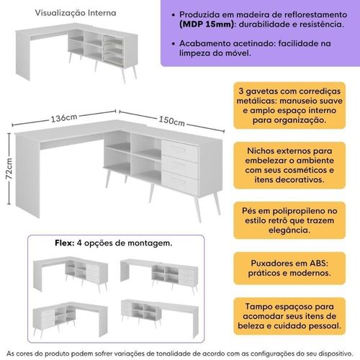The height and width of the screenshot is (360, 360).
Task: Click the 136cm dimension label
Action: [x=64, y=118]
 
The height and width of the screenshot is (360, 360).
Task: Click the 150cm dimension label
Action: [x=171, y=121]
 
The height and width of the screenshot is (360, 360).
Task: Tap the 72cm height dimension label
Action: [x=9, y=168]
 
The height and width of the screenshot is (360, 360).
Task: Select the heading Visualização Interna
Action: [x=76, y=13]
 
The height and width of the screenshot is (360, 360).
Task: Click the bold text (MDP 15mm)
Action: [x=207, y=24]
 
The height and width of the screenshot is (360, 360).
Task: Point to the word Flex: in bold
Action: [x=65, y=243]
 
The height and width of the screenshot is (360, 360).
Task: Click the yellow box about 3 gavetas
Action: [x=289, y=105]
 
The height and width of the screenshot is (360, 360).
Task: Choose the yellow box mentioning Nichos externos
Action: [x=289, y=165]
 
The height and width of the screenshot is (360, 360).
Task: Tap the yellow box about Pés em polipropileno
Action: [x=289, y=220]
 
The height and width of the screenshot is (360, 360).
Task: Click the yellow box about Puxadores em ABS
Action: [x=289, y=268]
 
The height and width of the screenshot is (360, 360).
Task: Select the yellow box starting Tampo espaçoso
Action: [x=289, y=316]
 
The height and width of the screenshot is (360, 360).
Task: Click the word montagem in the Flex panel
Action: [x=150, y=243]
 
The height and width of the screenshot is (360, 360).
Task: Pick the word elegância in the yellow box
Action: [x=289, y=230]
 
